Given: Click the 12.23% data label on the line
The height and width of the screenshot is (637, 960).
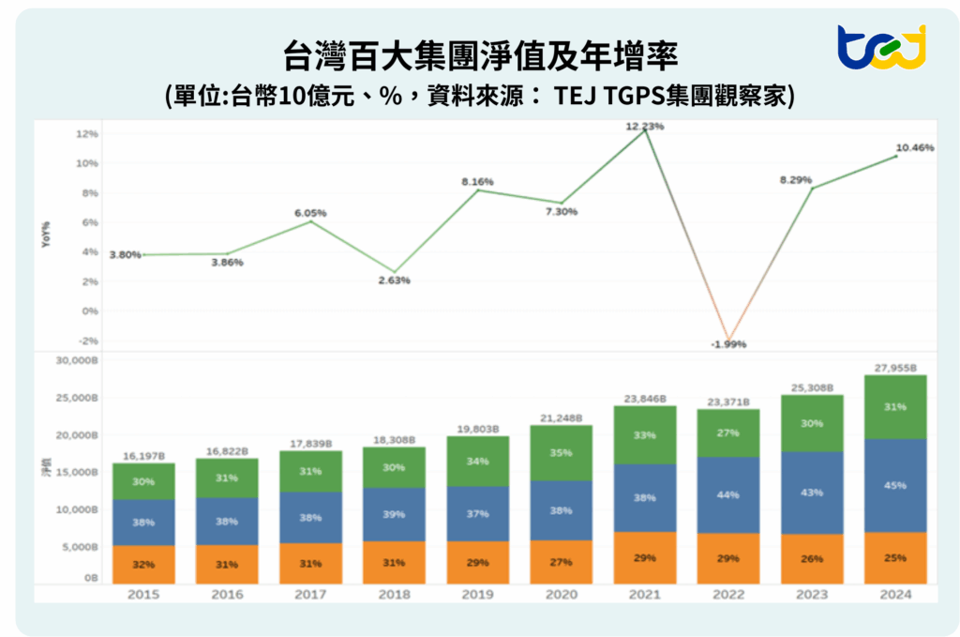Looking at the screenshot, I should point(647,126).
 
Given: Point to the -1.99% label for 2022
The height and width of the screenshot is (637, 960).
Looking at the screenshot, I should point(728,344).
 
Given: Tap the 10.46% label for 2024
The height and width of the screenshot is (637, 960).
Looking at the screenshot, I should point(915,148).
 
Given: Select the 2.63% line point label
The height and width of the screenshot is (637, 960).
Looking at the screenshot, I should point(394,280).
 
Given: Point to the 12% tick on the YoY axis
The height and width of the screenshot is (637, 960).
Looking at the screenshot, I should point(87,133).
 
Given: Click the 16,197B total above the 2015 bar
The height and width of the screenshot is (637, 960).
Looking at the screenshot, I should point(144,456).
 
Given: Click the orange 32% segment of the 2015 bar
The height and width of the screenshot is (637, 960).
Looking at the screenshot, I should point(144,564).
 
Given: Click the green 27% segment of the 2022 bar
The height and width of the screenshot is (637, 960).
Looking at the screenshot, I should point(727,433).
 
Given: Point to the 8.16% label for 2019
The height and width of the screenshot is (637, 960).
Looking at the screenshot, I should point(478,181).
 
